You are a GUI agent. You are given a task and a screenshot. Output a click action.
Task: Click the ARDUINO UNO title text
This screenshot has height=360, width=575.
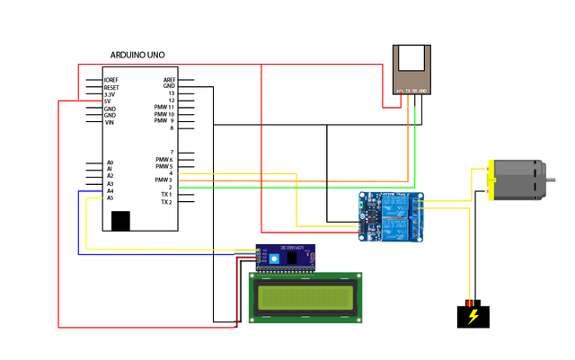(137, 56)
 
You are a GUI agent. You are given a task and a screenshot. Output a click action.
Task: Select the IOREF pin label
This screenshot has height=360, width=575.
(111, 80)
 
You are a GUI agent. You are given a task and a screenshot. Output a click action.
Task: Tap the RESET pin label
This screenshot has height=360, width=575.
(111, 87)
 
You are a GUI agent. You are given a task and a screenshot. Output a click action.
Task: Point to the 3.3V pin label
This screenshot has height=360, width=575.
(109, 94)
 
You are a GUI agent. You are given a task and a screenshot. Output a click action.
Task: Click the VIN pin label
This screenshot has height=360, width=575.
(109, 122)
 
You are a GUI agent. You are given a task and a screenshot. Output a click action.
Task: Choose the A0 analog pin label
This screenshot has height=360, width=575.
(110, 162)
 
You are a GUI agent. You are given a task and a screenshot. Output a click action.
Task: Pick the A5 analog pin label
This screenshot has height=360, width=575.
(110, 198)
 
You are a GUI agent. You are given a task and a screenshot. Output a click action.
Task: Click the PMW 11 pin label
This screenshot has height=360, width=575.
(164, 108)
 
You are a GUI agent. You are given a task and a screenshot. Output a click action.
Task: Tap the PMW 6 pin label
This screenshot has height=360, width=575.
(164, 160)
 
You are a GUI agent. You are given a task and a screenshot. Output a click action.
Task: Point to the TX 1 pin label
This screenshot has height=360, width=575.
(165, 195)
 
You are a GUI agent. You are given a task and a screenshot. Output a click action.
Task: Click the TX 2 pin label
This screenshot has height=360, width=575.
(165, 202)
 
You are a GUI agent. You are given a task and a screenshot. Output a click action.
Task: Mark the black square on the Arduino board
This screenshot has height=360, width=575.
(119, 220)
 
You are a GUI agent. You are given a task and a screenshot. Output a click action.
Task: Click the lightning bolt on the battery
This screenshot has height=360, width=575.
(473, 316)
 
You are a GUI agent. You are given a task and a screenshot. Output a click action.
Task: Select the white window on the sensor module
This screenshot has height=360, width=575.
(413, 60)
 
